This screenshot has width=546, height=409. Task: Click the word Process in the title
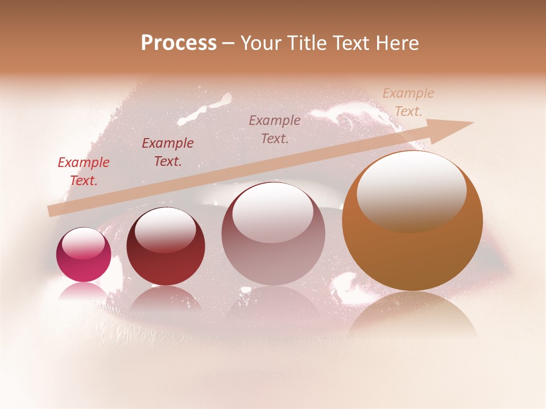179,43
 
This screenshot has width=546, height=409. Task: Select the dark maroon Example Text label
168,152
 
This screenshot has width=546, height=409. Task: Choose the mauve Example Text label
275,129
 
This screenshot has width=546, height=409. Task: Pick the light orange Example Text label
408,102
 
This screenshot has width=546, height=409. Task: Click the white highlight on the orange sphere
412,190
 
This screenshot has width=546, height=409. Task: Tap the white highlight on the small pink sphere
84,243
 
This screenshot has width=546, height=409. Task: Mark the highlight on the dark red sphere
166,229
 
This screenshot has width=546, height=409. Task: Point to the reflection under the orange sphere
412,315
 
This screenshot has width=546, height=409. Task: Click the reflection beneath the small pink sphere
84,291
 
